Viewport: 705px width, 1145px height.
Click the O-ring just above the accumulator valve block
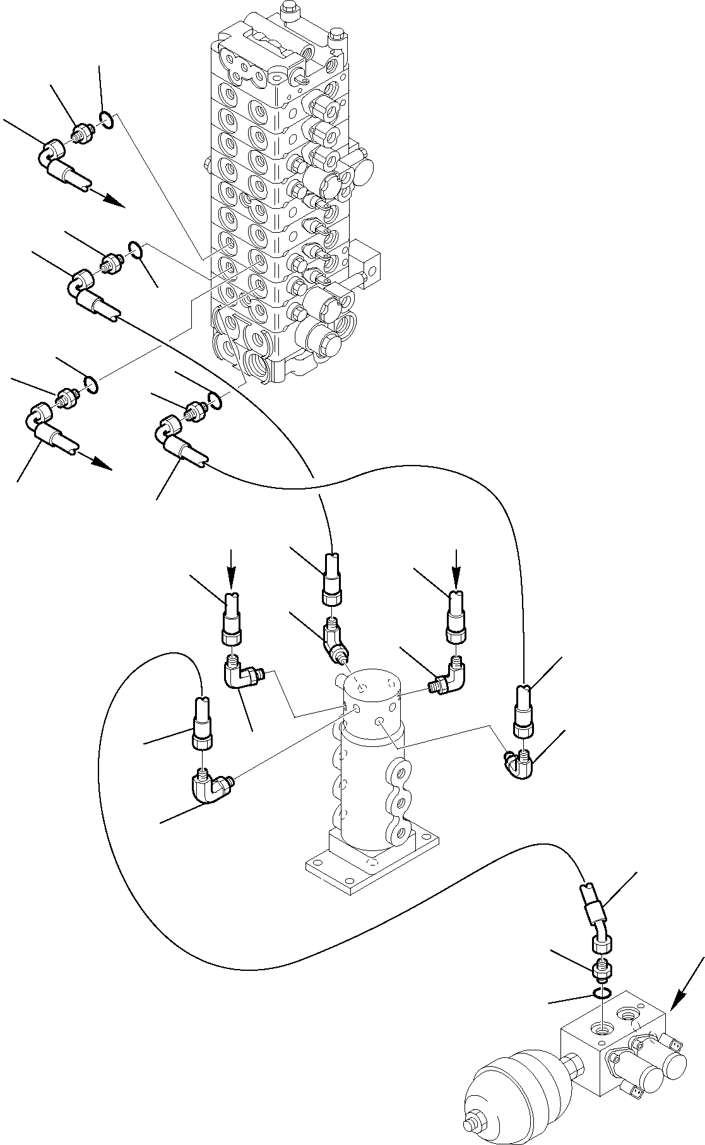click(601, 995)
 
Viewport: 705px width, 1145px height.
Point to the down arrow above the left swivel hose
click(231, 568)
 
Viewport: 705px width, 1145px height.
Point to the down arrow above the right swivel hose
click(456, 568)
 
